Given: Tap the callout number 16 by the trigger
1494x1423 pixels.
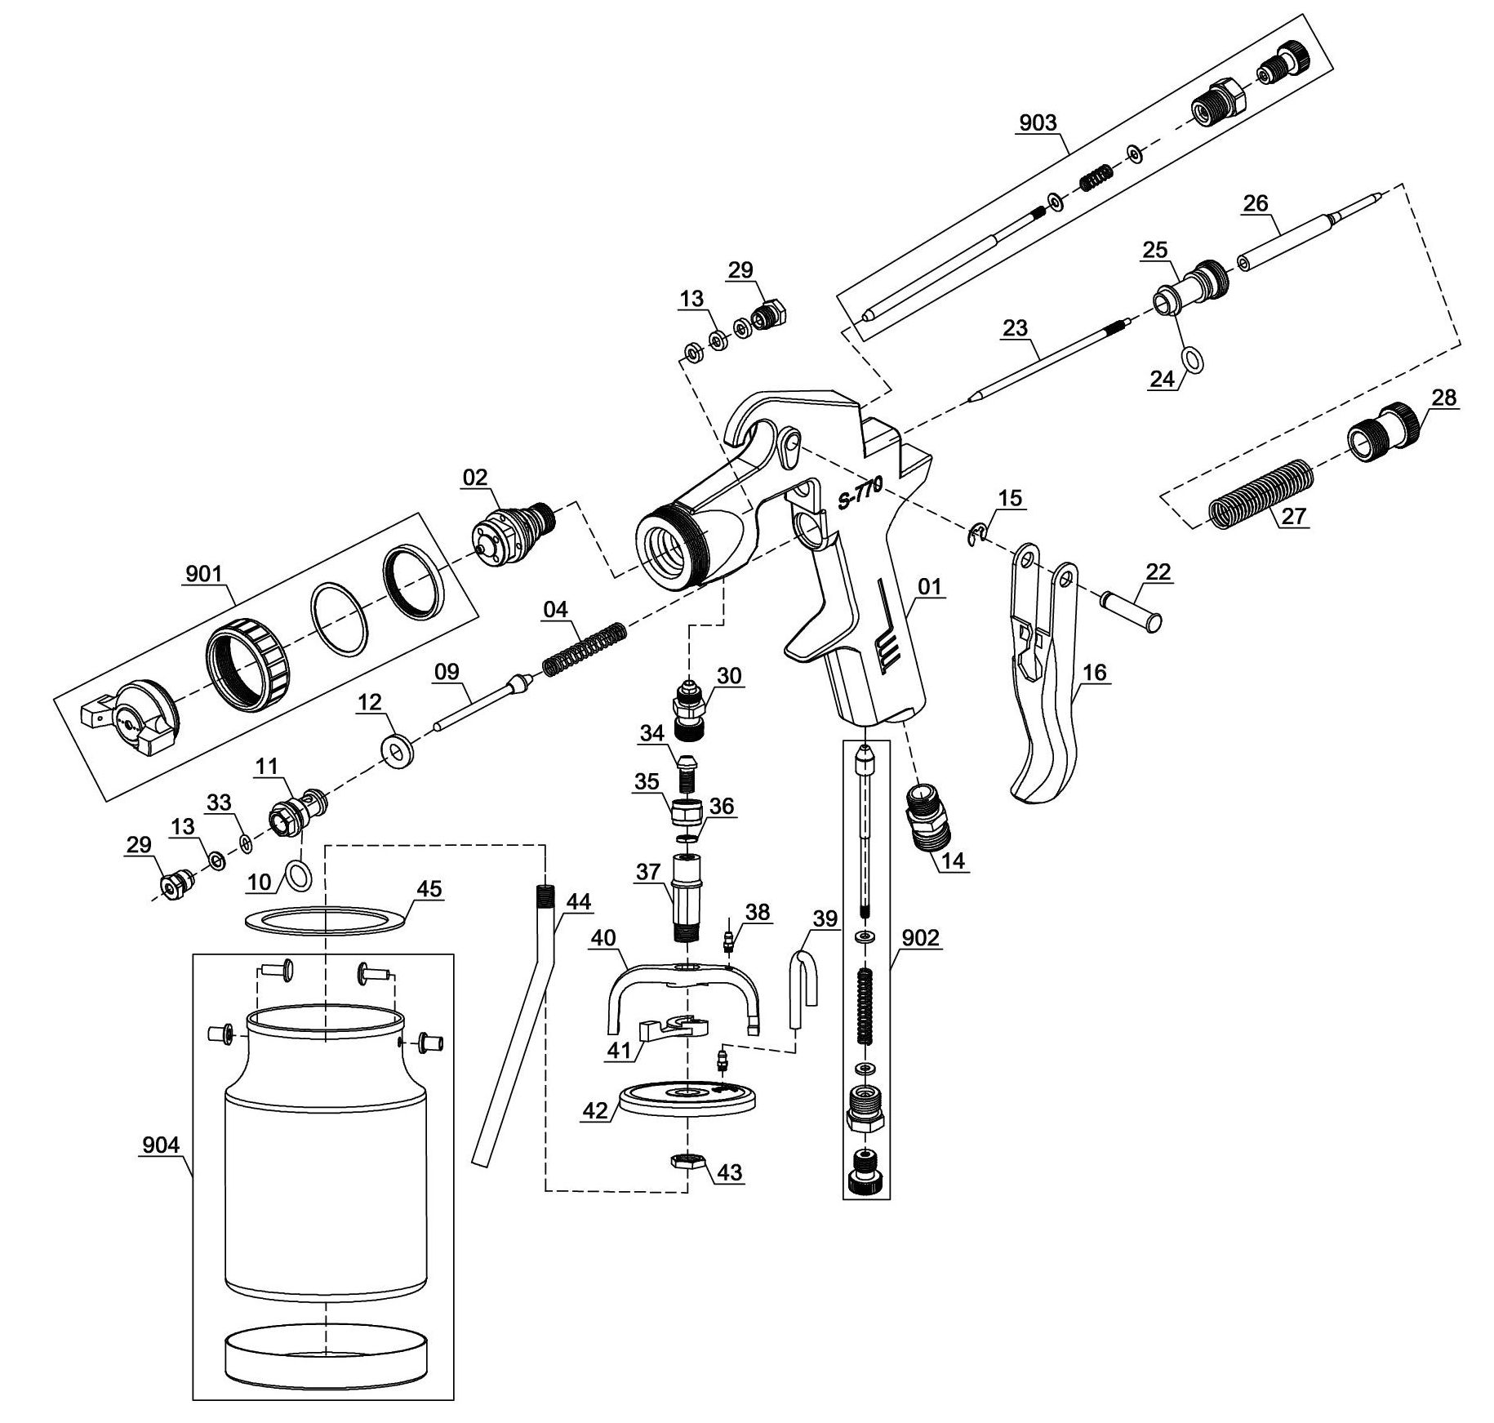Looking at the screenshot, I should [x=1095, y=672].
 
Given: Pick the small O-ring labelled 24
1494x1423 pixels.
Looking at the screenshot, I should [x=1194, y=358].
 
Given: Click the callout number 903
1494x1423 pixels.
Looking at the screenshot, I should [x=1038, y=122].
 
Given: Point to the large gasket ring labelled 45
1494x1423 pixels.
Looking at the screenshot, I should [x=326, y=920].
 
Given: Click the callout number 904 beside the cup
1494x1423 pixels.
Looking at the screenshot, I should [x=160, y=1145].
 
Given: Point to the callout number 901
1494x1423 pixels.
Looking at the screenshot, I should [x=203, y=574].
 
